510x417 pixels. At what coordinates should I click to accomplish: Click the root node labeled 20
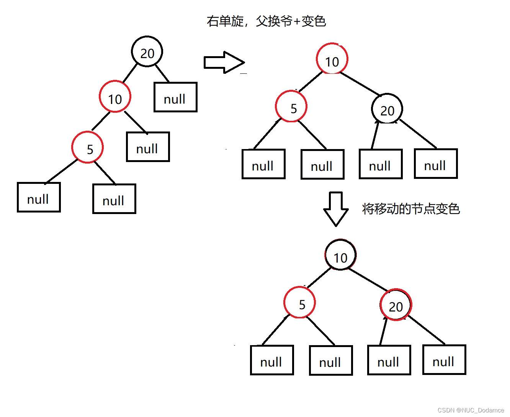pyautogui.click(x=147, y=52)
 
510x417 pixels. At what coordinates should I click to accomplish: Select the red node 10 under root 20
pyautogui.click(x=115, y=97)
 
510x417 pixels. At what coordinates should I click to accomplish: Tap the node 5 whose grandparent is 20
pyautogui.click(x=88, y=148)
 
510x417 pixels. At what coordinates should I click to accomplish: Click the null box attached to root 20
pyautogui.click(x=175, y=97)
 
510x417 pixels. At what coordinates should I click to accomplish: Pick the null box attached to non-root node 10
pyautogui.click(x=148, y=147)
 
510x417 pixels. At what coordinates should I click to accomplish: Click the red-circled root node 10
pyautogui.click(x=332, y=59)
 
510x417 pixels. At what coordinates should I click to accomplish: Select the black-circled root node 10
pyautogui.click(x=340, y=255)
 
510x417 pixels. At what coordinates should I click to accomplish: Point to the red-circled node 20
pyautogui.click(x=396, y=305)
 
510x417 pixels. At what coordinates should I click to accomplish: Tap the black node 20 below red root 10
pyautogui.click(x=387, y=109)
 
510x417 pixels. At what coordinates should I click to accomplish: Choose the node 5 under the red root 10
pyautogui.click(x=291, y=107)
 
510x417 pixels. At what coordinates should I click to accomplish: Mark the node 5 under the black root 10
pyautogui.click(x=299, y=303)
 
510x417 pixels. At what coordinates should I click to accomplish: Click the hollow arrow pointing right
pyautogui.click(x=224, y=62)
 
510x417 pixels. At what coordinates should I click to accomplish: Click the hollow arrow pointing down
pyautogui.click(x=336, y=209)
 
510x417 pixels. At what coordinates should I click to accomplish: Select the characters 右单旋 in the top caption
pyautogui.click(x=225, y=21)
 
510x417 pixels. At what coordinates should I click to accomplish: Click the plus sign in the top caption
pyautogui.click(x=297, y=21)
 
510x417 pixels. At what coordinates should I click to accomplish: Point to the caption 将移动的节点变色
pyautogui.click(x=410, y=209)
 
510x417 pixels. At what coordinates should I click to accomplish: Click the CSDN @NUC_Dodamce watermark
pyautogui.click(x=471, y=410)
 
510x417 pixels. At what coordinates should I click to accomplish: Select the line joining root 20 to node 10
pyautogui.click(x=130, y=73)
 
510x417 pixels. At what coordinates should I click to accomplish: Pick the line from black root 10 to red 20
pyautogui.click(x=368, y=279)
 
